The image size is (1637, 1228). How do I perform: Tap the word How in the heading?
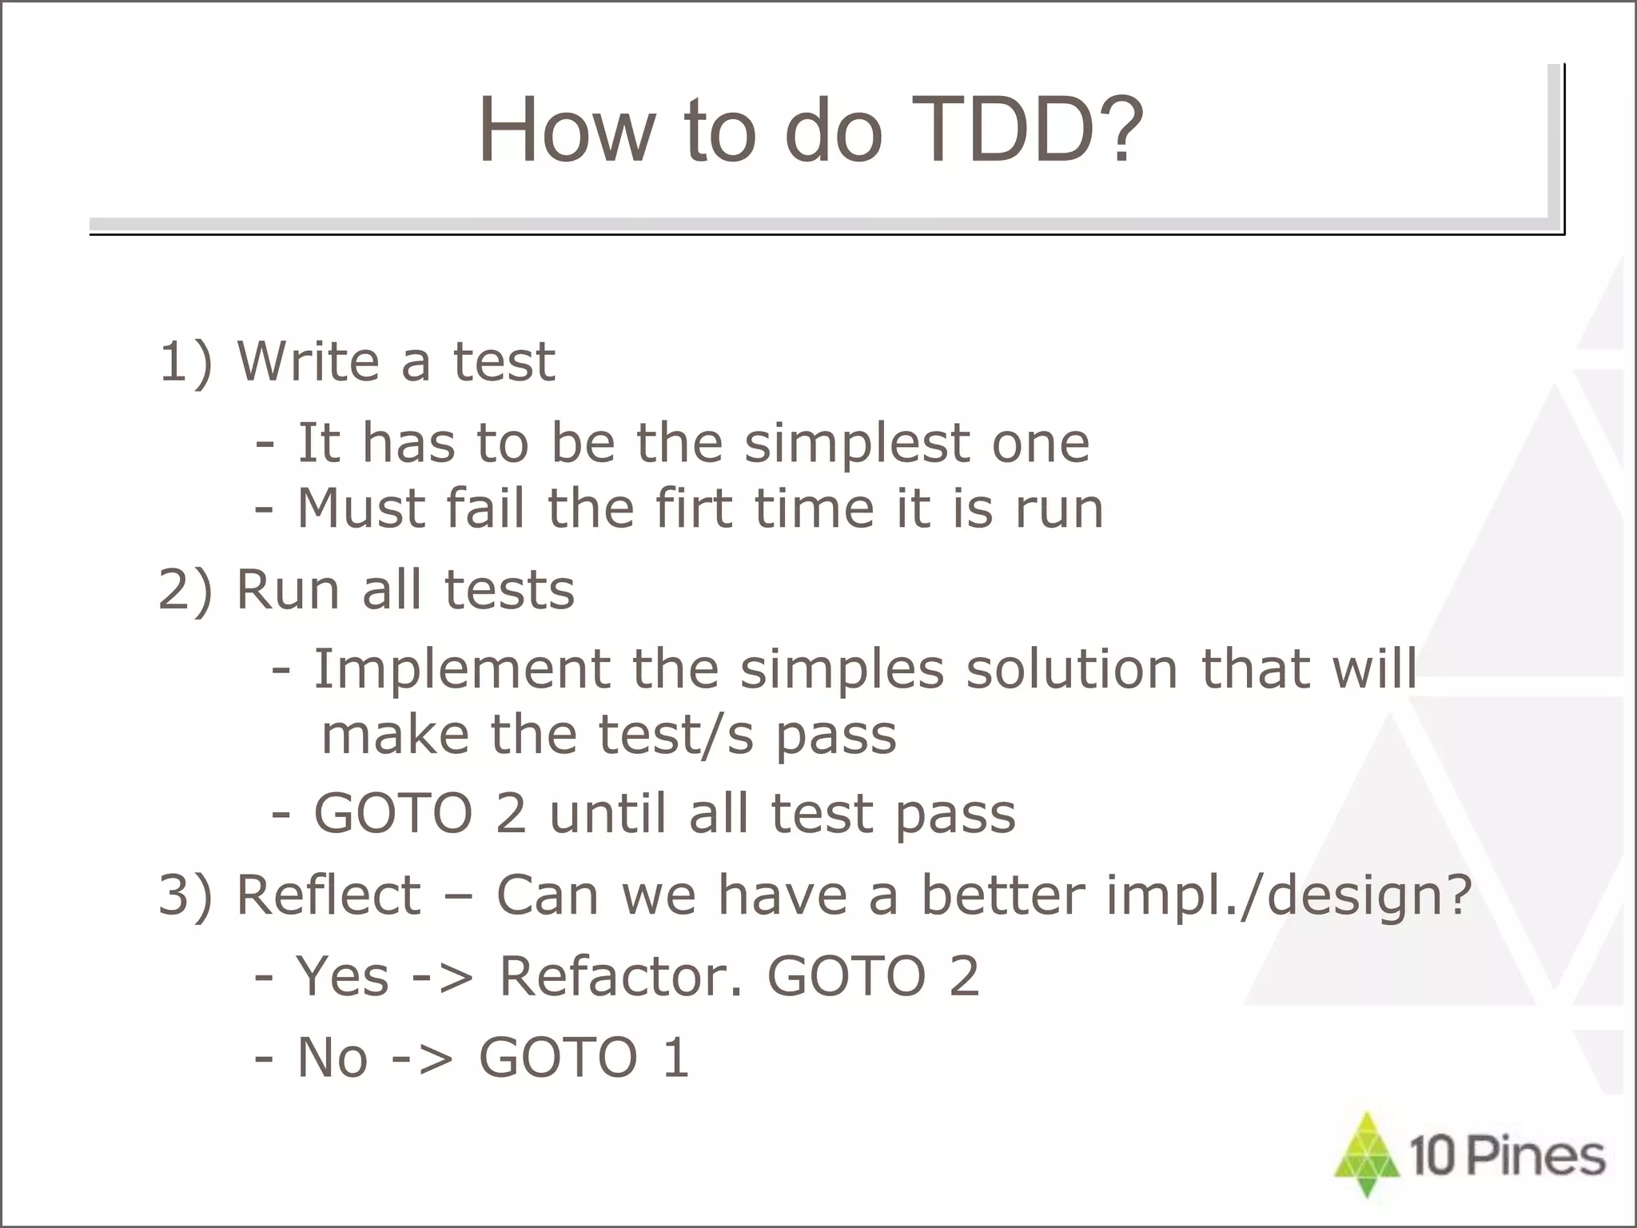(x=564, y=130)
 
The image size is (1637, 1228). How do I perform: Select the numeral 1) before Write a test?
(x=186, y=362)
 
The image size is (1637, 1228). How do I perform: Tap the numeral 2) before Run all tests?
(x=186, y=591)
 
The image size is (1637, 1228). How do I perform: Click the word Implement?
(x=461, y=668)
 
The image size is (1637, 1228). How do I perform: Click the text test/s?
(x=676, y=736)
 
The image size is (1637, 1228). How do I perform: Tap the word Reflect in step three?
(x=328, y=895)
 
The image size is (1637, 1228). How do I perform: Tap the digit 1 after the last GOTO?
(x=675, y=1058)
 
